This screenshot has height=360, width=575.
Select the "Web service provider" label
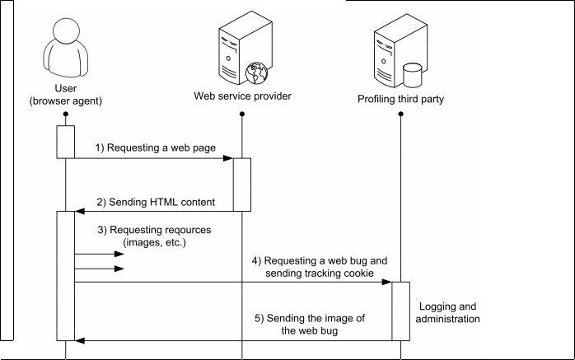[242, 96]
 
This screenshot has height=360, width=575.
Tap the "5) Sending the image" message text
[318, 325]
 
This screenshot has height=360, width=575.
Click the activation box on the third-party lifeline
[401, 311]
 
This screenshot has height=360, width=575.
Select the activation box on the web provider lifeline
[242, 185]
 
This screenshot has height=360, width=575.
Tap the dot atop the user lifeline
[65, 116]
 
